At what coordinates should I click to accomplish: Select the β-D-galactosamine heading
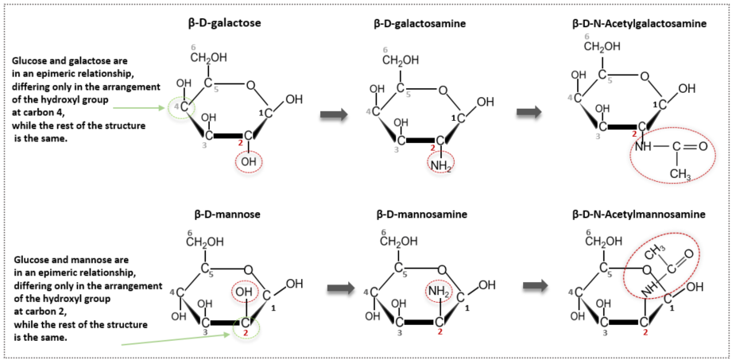(420, 23)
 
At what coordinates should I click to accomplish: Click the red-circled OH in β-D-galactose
(249, 162)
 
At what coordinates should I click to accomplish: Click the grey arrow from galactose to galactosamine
(332, 115)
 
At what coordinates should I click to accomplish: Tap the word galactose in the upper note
(95, 60)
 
